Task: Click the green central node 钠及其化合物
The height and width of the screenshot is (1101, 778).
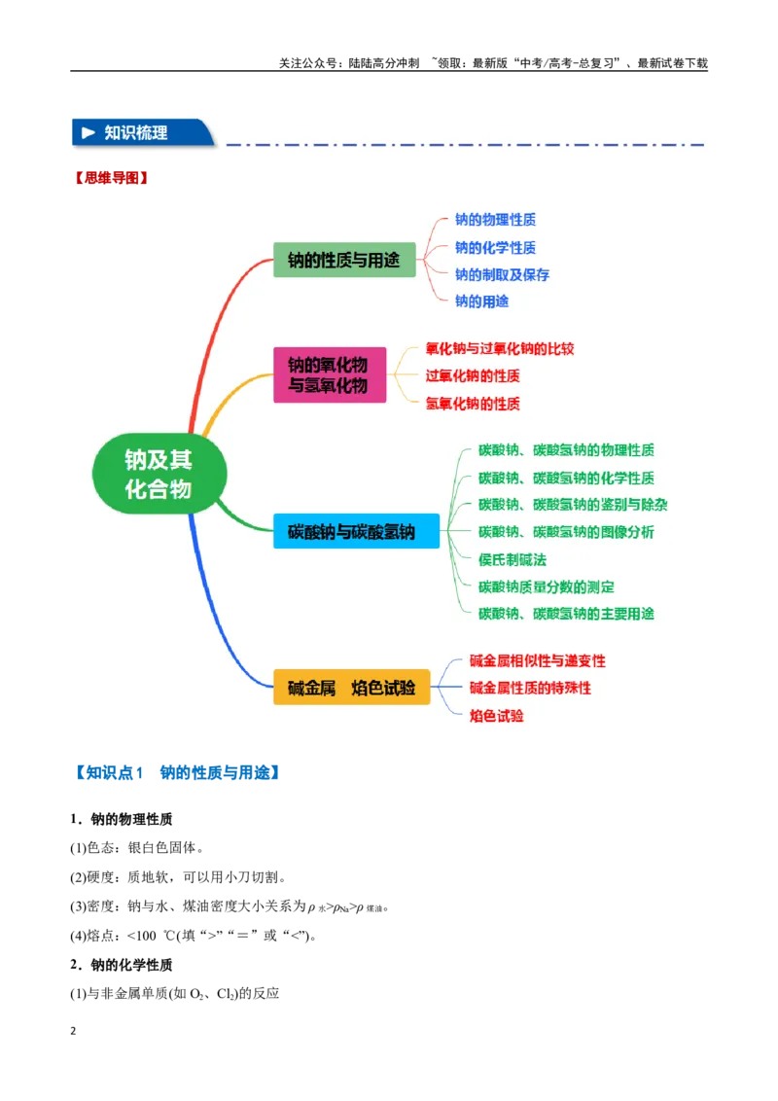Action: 159,474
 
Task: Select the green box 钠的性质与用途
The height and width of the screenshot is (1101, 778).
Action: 344,260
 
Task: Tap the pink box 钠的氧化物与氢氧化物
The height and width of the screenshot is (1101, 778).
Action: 330,375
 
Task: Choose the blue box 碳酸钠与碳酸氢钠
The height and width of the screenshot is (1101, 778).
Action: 356,531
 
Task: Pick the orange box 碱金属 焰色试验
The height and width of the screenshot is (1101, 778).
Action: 351,688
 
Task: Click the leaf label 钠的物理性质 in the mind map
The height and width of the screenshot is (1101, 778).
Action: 495,220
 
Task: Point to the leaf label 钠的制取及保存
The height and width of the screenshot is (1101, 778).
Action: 502,274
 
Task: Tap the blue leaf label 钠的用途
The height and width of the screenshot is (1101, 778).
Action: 481,302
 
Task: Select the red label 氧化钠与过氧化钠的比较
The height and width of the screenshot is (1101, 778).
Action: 500,349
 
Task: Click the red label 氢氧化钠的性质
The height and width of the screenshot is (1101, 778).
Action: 473,404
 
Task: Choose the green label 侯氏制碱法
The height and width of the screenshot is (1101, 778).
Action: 512,559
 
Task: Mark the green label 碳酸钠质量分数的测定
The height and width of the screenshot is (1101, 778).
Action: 547,587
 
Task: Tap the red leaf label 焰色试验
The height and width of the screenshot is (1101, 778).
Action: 496,716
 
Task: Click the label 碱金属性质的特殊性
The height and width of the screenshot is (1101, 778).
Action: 530,689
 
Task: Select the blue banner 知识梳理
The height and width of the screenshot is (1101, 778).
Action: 143,132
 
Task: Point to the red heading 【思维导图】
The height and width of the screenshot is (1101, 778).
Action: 113,178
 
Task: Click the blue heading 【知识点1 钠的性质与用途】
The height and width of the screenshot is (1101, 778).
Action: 178,773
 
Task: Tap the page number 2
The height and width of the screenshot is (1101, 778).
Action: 73,1031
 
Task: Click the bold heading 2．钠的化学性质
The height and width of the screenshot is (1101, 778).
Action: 122,965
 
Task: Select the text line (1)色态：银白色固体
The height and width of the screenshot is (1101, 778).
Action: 137,848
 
